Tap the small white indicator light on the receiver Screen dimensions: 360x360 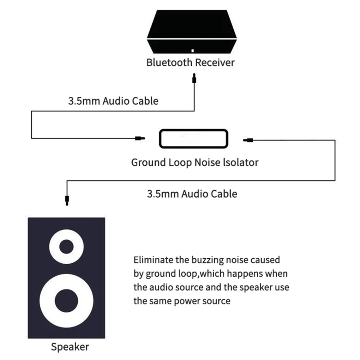(193, 50)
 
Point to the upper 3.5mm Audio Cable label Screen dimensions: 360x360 (113, 101)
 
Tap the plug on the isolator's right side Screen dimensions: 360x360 (247, 140)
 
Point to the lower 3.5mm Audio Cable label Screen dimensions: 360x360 (192, 193)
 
